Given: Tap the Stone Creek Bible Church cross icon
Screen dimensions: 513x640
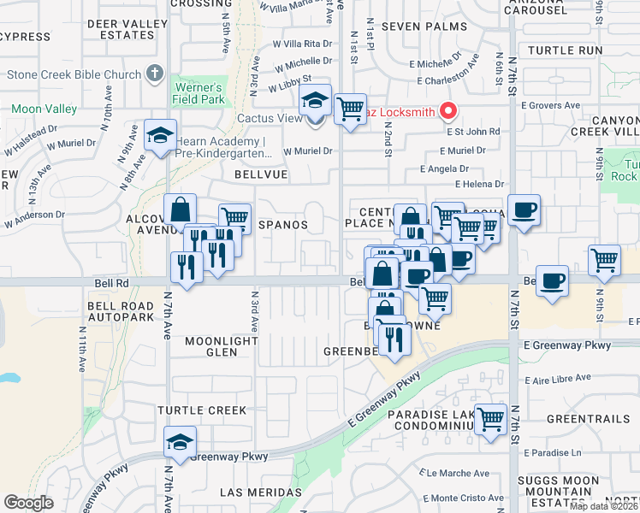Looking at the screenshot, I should [x=155, y=74].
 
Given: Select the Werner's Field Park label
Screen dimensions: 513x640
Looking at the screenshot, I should [x=199, y=94].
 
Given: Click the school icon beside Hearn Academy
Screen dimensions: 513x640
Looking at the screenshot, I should [x=160, y=136].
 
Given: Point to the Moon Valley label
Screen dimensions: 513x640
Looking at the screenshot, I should [x=44, y=109].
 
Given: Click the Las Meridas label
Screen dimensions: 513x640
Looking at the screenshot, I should [x=257, y=492].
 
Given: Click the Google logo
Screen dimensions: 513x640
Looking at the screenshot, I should [x=28, y=503].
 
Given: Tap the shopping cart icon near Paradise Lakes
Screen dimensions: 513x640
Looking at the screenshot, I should [x=490, y=419].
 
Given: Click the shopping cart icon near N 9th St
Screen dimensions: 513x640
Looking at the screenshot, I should [x=604, y=259].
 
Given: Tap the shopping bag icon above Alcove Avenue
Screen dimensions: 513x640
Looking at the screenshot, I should [x=181, y=209].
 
